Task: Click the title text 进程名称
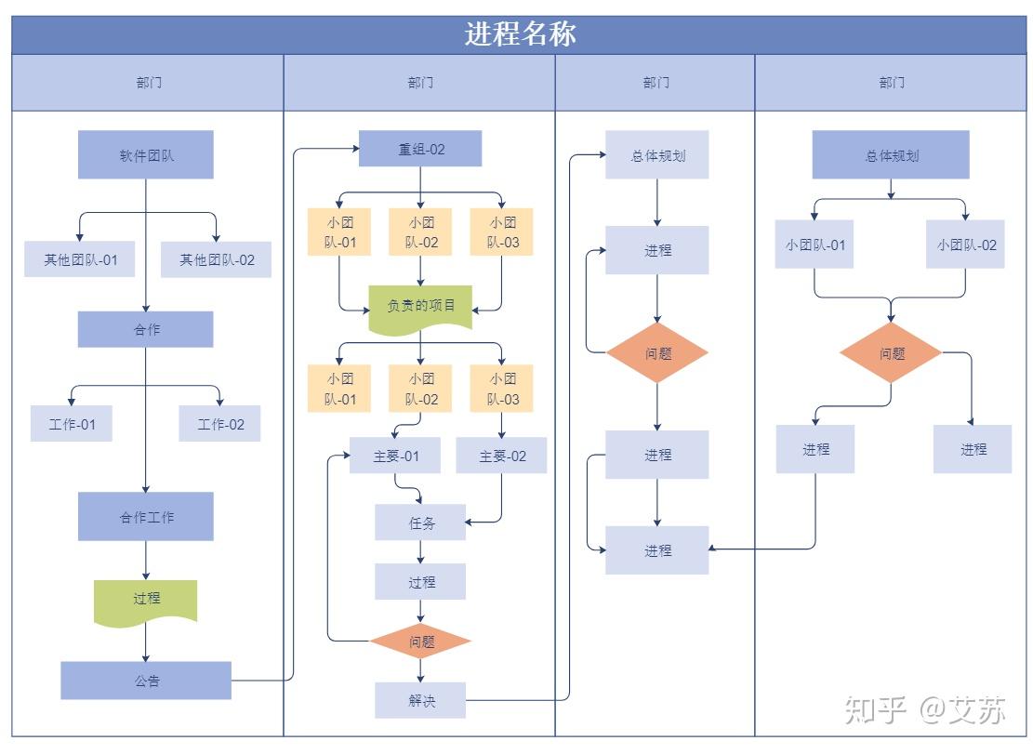[x=520, y=34]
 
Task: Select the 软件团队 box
[x=146, y=154]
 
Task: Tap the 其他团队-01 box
[x=80, y=259]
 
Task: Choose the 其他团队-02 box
[x=217, y=259]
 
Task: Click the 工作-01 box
[x=72, y=424]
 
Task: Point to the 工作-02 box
[x=220, y=424]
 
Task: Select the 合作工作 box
[x=146, y=517]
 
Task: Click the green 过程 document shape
[x=146, y=600]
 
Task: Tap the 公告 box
[x=146, y=681]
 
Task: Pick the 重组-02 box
[x=420, y=149]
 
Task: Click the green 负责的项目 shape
[x=420, y=306]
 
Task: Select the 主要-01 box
[x=395, y=456]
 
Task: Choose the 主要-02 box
[x=502, y=456]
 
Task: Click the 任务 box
[x=420, y=523]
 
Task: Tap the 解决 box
[x=420, y=700]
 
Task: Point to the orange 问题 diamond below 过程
[x=420, y=642]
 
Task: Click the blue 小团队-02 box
[x=965, y=245]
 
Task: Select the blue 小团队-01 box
[x=814, y=245]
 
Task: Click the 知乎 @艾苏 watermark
[x=925, y=709]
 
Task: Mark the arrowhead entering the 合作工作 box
[x=146, y=488]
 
